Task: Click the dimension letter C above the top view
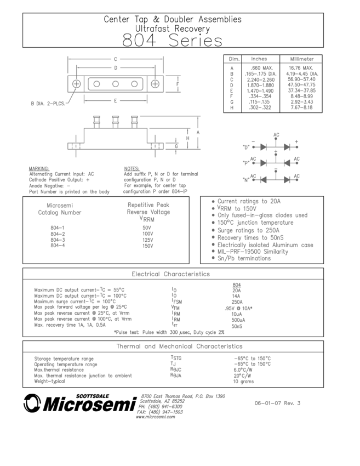point(116,59)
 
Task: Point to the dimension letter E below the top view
point(116,100)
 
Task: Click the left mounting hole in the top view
point(77,84)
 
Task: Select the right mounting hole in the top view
point(156,84)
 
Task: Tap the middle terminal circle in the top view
point(116,84)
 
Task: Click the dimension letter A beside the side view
point(198,132)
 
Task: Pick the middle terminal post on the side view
point(116,122)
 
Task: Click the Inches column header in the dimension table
point(259,59)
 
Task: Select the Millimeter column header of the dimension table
point(301,59)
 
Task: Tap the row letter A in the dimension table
point(231,67)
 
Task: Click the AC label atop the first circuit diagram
point(276,134)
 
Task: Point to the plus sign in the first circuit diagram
point(296,141)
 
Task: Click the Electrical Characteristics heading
point(170,274)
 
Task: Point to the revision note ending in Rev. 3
point(278,403)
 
